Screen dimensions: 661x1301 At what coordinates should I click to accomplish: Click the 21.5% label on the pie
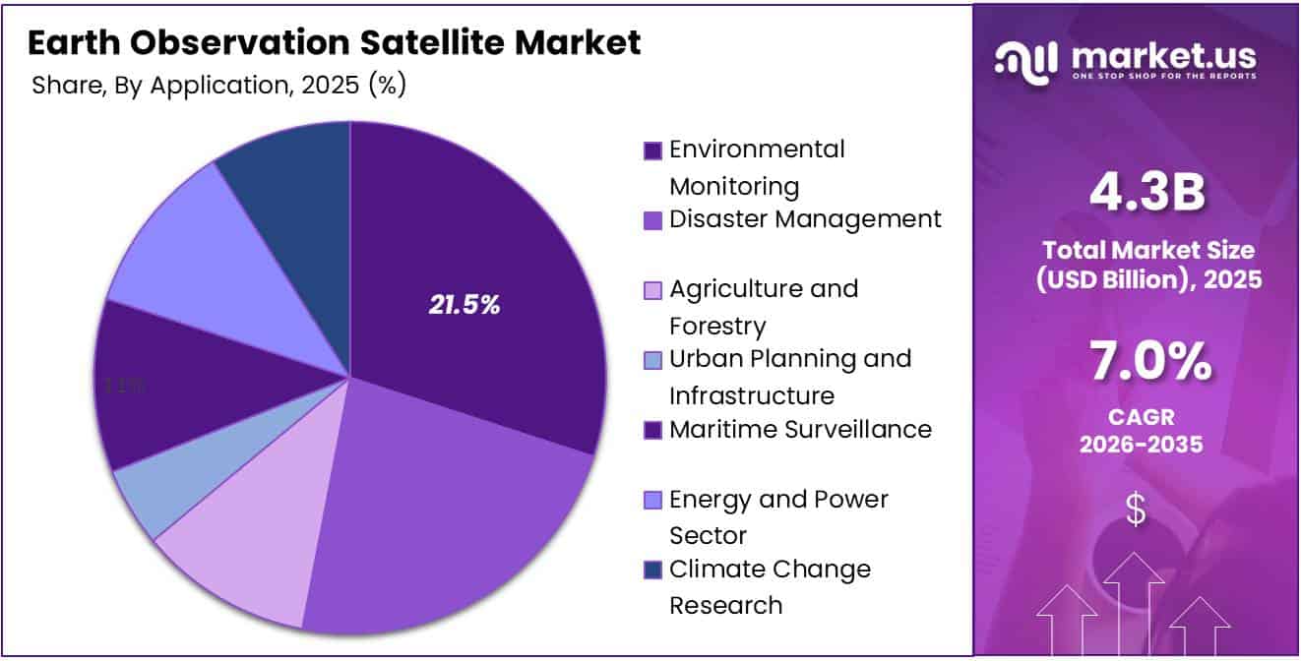pos(465,305)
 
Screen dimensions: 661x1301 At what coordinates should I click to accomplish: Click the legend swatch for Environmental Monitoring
pos(652,150)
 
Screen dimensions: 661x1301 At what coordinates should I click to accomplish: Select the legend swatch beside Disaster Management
pos(652,220)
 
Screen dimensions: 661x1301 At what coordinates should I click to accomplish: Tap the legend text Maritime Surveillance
pos(800,430)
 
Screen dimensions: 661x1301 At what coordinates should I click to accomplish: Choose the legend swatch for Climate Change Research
pos(652,571)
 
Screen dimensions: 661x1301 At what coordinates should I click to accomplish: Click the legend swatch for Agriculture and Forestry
pos(652,290)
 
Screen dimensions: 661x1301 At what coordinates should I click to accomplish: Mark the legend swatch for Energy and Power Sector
pos(652,501)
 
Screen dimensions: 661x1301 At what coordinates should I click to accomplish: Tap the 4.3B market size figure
pos(1146,194)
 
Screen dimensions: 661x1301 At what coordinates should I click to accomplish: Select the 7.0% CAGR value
pos(1146,362)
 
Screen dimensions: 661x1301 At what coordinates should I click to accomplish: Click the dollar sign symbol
pos(1136,510)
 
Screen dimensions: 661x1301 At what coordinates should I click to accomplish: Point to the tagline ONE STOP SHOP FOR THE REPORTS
pos(1164,77)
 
